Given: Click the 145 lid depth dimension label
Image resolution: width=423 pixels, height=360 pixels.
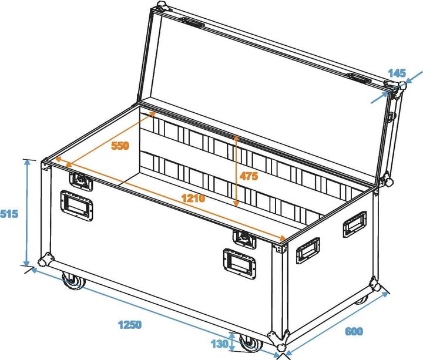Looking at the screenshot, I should pyautogui.click(x=397, y=74).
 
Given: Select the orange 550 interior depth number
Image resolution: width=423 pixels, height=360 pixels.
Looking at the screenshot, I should pyautogui.click(x=120, y=146).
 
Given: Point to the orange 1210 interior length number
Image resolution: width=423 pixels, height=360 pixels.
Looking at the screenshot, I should pyautogui.click(x=192, y=198).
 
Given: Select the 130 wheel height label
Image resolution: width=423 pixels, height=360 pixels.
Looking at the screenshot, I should pyautogui.click(x=220, y=344).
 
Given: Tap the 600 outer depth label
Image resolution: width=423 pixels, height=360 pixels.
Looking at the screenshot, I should pyautogui.click(x=354, y=332).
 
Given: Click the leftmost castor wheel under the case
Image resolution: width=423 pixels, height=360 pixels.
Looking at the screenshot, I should pyautogui.click(x=75, y=284).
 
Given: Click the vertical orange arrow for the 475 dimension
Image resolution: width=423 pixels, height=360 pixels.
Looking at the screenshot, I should pyautogui.click(x=236, y=170).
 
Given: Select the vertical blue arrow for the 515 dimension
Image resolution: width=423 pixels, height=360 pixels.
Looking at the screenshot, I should pyautogui.click(x=27, y=213).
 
